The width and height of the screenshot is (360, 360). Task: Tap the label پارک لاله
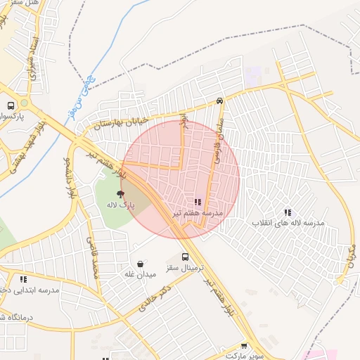click(x=120, y=205)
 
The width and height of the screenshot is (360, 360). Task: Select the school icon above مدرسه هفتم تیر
click(x=198, y=202)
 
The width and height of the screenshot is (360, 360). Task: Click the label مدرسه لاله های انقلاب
click(x=288, y=222)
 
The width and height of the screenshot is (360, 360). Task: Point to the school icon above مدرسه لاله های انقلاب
click(x=287, y=212)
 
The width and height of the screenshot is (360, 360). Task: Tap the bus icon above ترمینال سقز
click(x=185, y=257)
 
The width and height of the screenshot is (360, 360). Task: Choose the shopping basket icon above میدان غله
click(x=140, y=264)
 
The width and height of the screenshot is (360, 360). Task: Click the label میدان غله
click(x=139, y=274)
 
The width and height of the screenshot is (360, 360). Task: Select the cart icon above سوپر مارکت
click(x=244, y=346)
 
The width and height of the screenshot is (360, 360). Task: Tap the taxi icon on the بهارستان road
click(x=220, y=101)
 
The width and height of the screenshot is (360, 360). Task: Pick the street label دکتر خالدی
click(x=155, y=298)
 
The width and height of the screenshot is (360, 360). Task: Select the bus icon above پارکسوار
click(x=11, y=105)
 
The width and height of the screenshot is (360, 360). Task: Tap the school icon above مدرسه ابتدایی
click(x=24, y=279)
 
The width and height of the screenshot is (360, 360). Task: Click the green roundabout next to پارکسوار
click(x=24, y=103)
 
